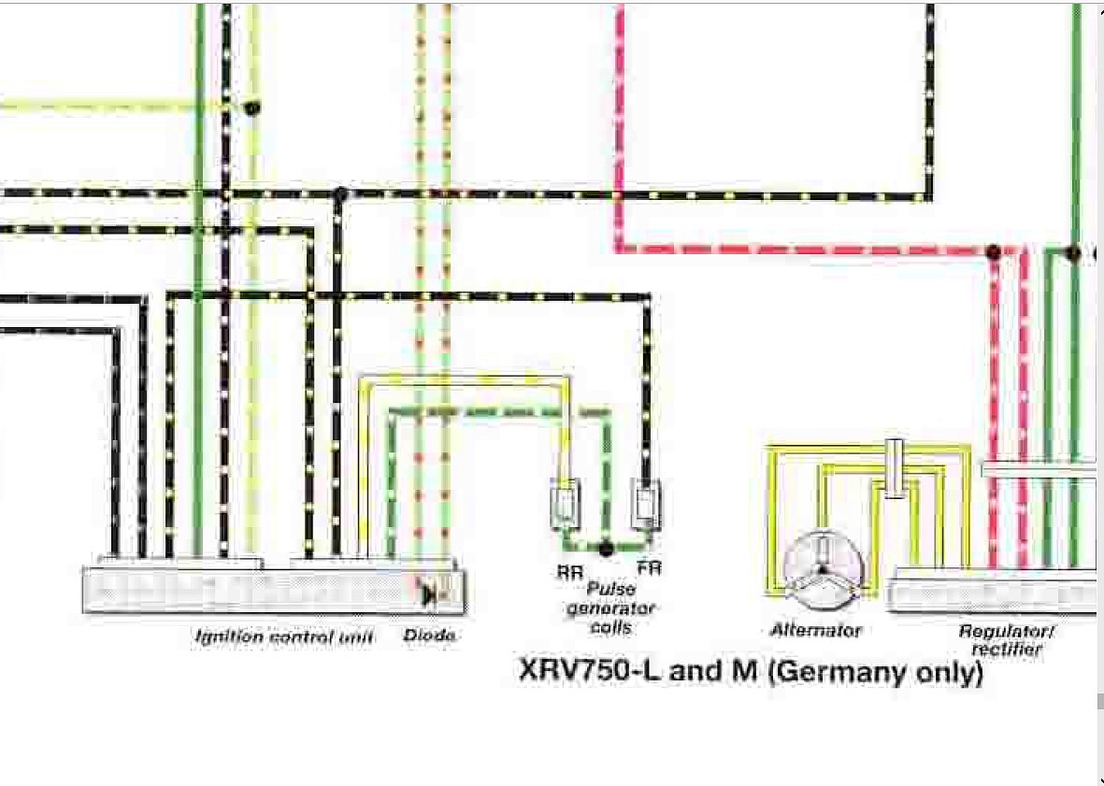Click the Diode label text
(x=429, y=636)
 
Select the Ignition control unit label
(x=284, y=636)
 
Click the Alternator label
(x=816, y=630)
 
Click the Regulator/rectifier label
(x=1006, y=639)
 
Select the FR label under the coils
(x=649, y=567)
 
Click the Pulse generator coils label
(x=610, y=608)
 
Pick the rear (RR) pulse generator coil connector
(x=566, y=504)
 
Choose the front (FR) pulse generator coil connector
(x=646, y=504)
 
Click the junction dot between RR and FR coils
(x=606, y=548)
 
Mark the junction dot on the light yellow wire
(x=252, y=107)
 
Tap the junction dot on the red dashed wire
(x=994, y=251)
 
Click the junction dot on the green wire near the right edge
(x=1072, y=252)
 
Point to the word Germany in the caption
(x=872, y=672)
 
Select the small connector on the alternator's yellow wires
(x=894, y=468)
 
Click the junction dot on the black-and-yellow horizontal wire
(x=340, y=193)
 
